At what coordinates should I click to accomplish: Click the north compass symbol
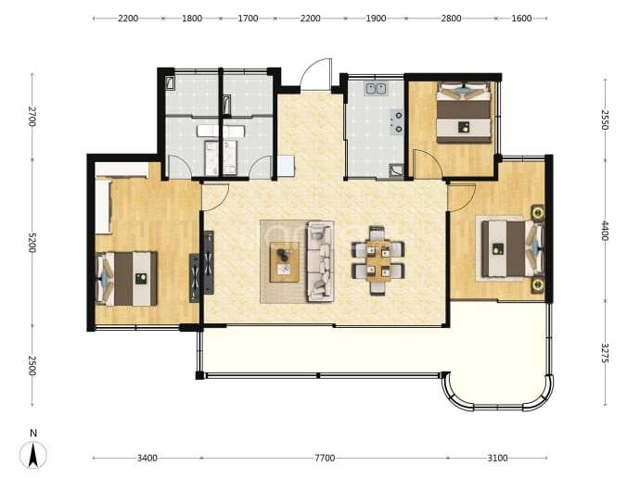pyautogui.click(x=33, y=454)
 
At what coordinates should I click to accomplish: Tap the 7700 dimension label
pyautogui.click(x=325, y=459)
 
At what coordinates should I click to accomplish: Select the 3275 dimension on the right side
pyautogui.click(x=605, y=353)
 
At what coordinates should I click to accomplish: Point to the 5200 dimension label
pyautogui.click(x=32, y=243)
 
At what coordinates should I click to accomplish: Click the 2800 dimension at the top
pyautogui.click(x=451, y=19)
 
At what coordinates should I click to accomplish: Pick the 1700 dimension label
pyautogui.click(x=248, y=19)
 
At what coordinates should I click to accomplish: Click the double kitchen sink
pyautogui.click(x=376, y=88)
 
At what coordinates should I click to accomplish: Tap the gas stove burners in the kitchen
pyautogui.click(x=397, y=122)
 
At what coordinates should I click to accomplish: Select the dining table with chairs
pyautogui.click(x=378, y=260)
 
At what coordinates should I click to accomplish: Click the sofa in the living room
pyautogui.click(x=320, y=261)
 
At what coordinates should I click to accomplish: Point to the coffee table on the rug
pyautogui.click(x=285, y=261)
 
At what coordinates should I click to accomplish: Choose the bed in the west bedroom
pyautogui.click(x=126, y=279)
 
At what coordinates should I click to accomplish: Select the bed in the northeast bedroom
pyautogui.click(x=464, y=112)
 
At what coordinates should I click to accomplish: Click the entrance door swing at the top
pyautogui.click(x=315, y=74)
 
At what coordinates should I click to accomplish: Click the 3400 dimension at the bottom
pyautogui.click(x=147, y=459)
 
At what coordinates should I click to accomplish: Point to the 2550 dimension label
pyautogui.click(x=605, y=120)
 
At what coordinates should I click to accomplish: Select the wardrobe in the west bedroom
pyautogui.click(x=104, y=206)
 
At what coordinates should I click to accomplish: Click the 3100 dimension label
pyautogui.click(x=497, y=459)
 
